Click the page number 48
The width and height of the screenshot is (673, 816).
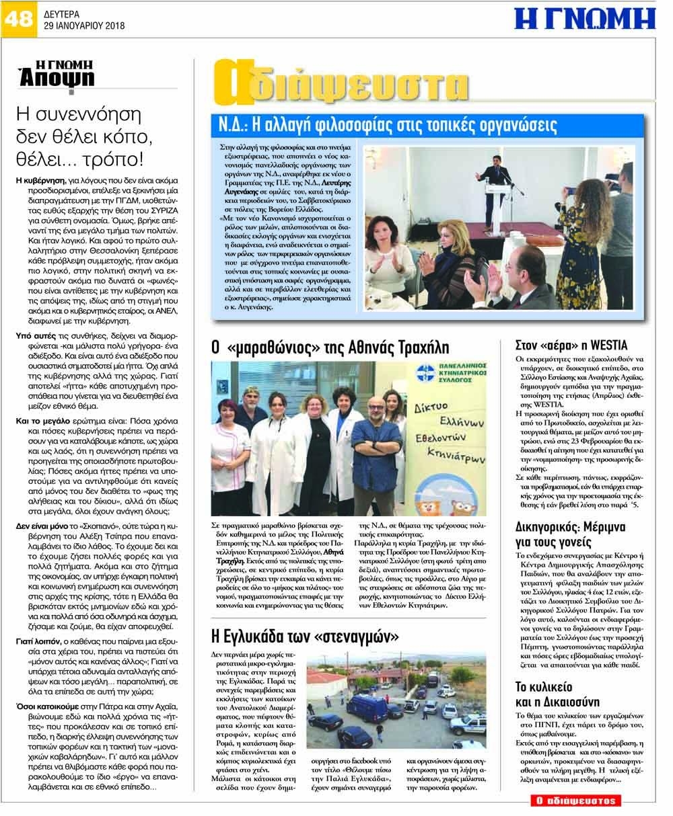(17, 17)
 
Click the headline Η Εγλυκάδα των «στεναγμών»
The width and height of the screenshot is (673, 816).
(306, 635)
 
